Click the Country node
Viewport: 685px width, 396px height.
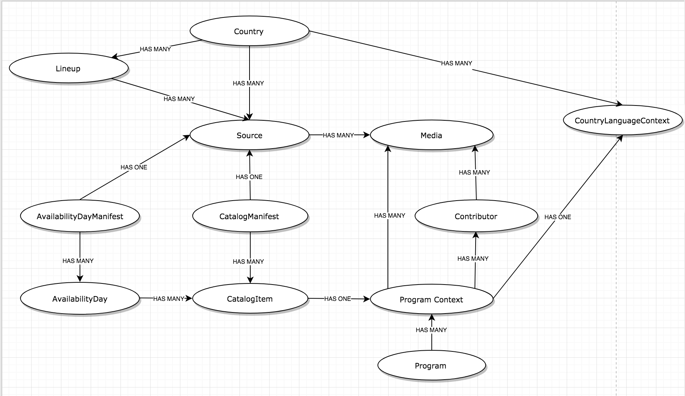point(249,31)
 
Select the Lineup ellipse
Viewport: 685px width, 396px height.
point(68,68)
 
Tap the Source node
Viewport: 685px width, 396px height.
point(249,135)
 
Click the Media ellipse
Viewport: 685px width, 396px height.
point(431,135)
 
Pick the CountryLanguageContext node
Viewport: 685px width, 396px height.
point(622,120)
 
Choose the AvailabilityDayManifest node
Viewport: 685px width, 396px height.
point(80,216)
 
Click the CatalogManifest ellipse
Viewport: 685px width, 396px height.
point(250,216)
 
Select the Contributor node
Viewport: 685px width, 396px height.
point(476,216)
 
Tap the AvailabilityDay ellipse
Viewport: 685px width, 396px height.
point(80,299)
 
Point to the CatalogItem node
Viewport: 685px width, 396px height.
point(250,299)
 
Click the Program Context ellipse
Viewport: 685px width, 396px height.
point(431,299)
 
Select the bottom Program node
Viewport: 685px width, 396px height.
point(431,366)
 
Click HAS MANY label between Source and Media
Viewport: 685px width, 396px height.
point(338,135)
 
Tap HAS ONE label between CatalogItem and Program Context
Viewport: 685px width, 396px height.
point(337,299)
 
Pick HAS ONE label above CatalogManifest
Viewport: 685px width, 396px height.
point(249,177)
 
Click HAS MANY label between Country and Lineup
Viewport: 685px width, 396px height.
point(155,49)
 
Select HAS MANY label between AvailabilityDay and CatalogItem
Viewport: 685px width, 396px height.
point(169,299)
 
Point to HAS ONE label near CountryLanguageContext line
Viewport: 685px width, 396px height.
point(557,217)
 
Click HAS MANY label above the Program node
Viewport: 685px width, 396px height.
point(431,330)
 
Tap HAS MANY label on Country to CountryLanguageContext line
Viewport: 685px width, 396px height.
point(457,63)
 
